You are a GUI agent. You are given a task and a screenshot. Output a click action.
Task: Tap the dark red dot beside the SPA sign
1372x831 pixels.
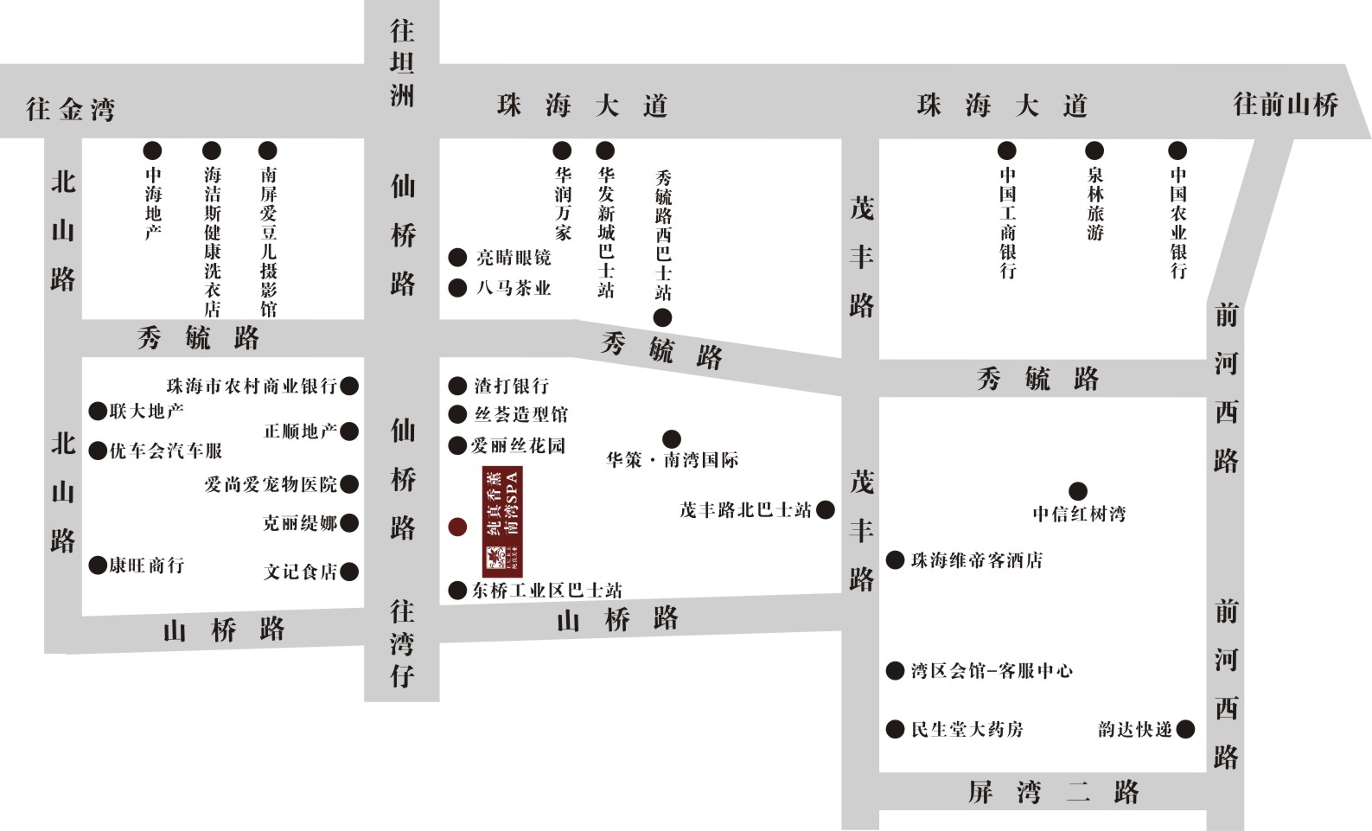(x=457, y=527)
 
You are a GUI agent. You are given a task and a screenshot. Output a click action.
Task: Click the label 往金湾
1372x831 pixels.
(x=70, y=109)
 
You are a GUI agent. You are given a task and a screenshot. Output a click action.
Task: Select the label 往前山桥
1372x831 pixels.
(x=1286, y=105)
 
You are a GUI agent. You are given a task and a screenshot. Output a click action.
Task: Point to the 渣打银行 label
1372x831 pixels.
(x=511, y=386)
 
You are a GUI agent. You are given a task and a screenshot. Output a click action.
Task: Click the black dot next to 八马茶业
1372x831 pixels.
(x=457, y=288)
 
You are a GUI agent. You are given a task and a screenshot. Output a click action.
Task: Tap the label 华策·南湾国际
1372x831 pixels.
(x=673, y=460)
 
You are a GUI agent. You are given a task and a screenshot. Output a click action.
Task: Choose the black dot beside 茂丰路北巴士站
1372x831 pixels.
(x=826, y=509)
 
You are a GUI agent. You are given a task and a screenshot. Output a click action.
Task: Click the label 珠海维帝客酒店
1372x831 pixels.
(x=977, y=560)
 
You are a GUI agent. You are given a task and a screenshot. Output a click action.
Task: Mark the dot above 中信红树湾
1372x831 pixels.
(x=1078, y=491)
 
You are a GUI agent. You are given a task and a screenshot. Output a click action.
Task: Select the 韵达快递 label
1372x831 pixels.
(x=1134, y=730)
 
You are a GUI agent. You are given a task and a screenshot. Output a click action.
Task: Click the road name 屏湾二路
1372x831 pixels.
(x=1053, y=791)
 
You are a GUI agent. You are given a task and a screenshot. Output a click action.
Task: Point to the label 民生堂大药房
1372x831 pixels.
(x=967, y=730)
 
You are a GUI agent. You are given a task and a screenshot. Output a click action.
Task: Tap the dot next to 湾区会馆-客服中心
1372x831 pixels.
(x=895, y=670)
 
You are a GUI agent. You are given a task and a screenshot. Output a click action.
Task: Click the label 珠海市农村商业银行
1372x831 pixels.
(x=252, y=386)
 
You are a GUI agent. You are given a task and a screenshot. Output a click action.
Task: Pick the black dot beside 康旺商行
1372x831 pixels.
(x=98, y=566)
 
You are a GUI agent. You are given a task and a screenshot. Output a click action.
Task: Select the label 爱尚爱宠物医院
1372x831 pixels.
(x=271, y=484)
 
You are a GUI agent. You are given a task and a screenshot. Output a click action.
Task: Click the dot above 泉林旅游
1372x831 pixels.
(x=1094, y=150)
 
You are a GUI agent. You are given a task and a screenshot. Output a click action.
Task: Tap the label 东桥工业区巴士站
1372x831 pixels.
(x=547, y=591)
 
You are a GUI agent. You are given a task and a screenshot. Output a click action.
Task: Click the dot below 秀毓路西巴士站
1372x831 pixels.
(x=662, y=317)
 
